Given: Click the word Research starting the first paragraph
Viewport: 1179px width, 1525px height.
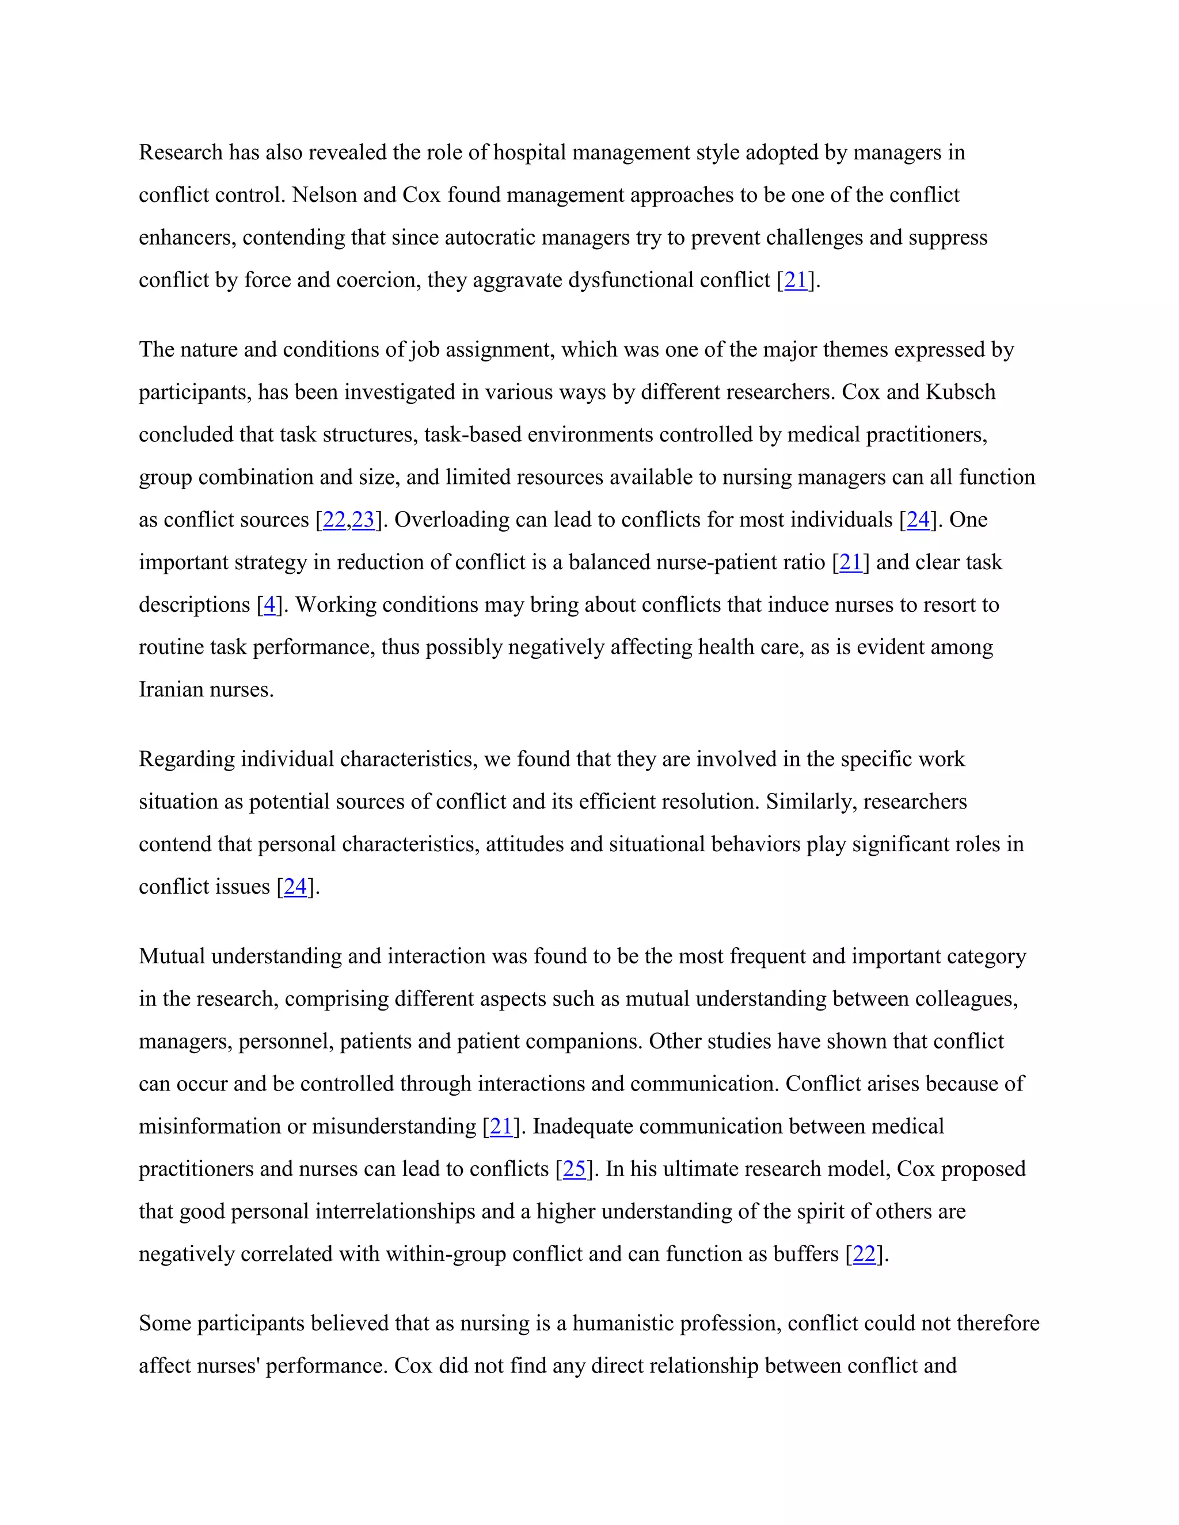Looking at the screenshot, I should [x=180, y=152].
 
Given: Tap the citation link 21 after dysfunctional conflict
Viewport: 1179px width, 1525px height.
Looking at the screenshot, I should [x=796, y=280].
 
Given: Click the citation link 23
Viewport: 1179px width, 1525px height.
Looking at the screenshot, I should [x=363, y=520].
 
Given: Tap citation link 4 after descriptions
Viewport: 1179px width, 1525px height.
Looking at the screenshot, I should [x=269, y=605].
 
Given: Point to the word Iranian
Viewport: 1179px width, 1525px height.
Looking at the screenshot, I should [x=168, y=690].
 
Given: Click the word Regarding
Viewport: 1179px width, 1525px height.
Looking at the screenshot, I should [x=187, y=759].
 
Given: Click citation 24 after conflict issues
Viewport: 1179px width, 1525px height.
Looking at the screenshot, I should [x=295, y=887].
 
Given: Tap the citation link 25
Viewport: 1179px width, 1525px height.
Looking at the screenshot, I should [x=574, y=1169].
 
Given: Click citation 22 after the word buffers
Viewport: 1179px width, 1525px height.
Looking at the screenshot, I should [x=864, y=1254].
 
